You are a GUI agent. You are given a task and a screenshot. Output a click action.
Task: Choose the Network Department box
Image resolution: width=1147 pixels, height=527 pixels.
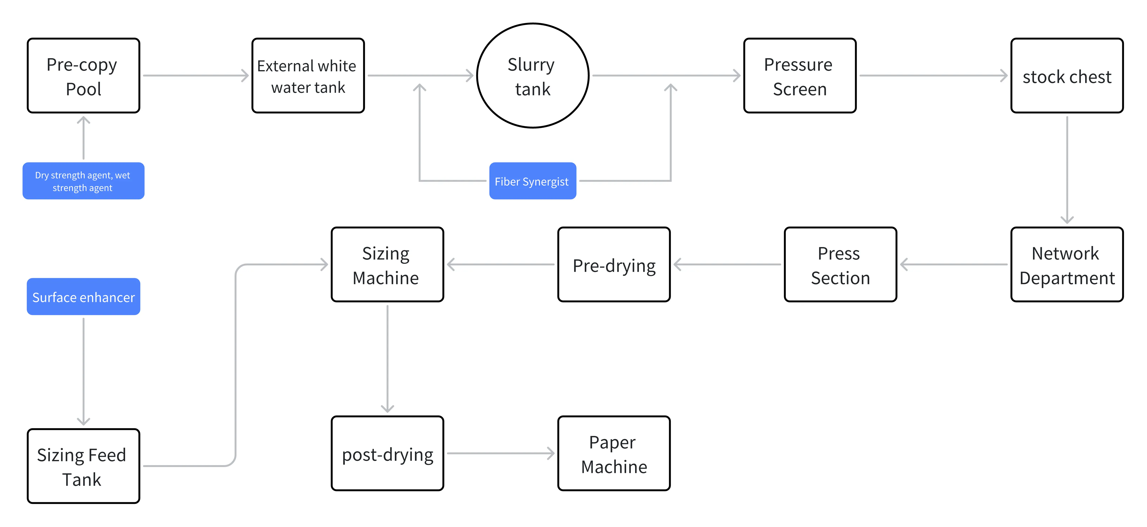point(1067,265)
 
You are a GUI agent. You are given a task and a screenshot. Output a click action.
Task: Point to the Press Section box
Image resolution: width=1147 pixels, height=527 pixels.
point(840,265)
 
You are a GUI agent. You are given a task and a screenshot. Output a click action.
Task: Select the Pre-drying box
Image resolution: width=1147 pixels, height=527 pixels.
point(614,265)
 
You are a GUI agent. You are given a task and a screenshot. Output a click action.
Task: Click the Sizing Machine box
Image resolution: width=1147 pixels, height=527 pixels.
point(387,265)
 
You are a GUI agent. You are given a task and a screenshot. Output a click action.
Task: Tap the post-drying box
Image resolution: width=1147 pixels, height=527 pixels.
point(387,454)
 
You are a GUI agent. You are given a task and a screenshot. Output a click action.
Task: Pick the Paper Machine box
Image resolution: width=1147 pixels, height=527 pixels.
point(614,454)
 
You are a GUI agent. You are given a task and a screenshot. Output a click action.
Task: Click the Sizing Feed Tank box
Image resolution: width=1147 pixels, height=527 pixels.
point(83,466)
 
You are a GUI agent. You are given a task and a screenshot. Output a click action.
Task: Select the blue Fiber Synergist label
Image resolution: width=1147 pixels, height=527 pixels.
point(532,181)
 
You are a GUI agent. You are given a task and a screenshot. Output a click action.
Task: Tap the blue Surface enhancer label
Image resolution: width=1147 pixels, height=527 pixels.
point(83,297)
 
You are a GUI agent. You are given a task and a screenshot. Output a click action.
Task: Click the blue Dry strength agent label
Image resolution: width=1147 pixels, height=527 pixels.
point(83,181)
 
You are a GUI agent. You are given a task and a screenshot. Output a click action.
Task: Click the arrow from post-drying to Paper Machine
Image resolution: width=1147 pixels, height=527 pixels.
point(501,454)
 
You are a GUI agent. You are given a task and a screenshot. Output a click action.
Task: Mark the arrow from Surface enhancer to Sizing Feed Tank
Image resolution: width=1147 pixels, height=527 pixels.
point(83,372)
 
